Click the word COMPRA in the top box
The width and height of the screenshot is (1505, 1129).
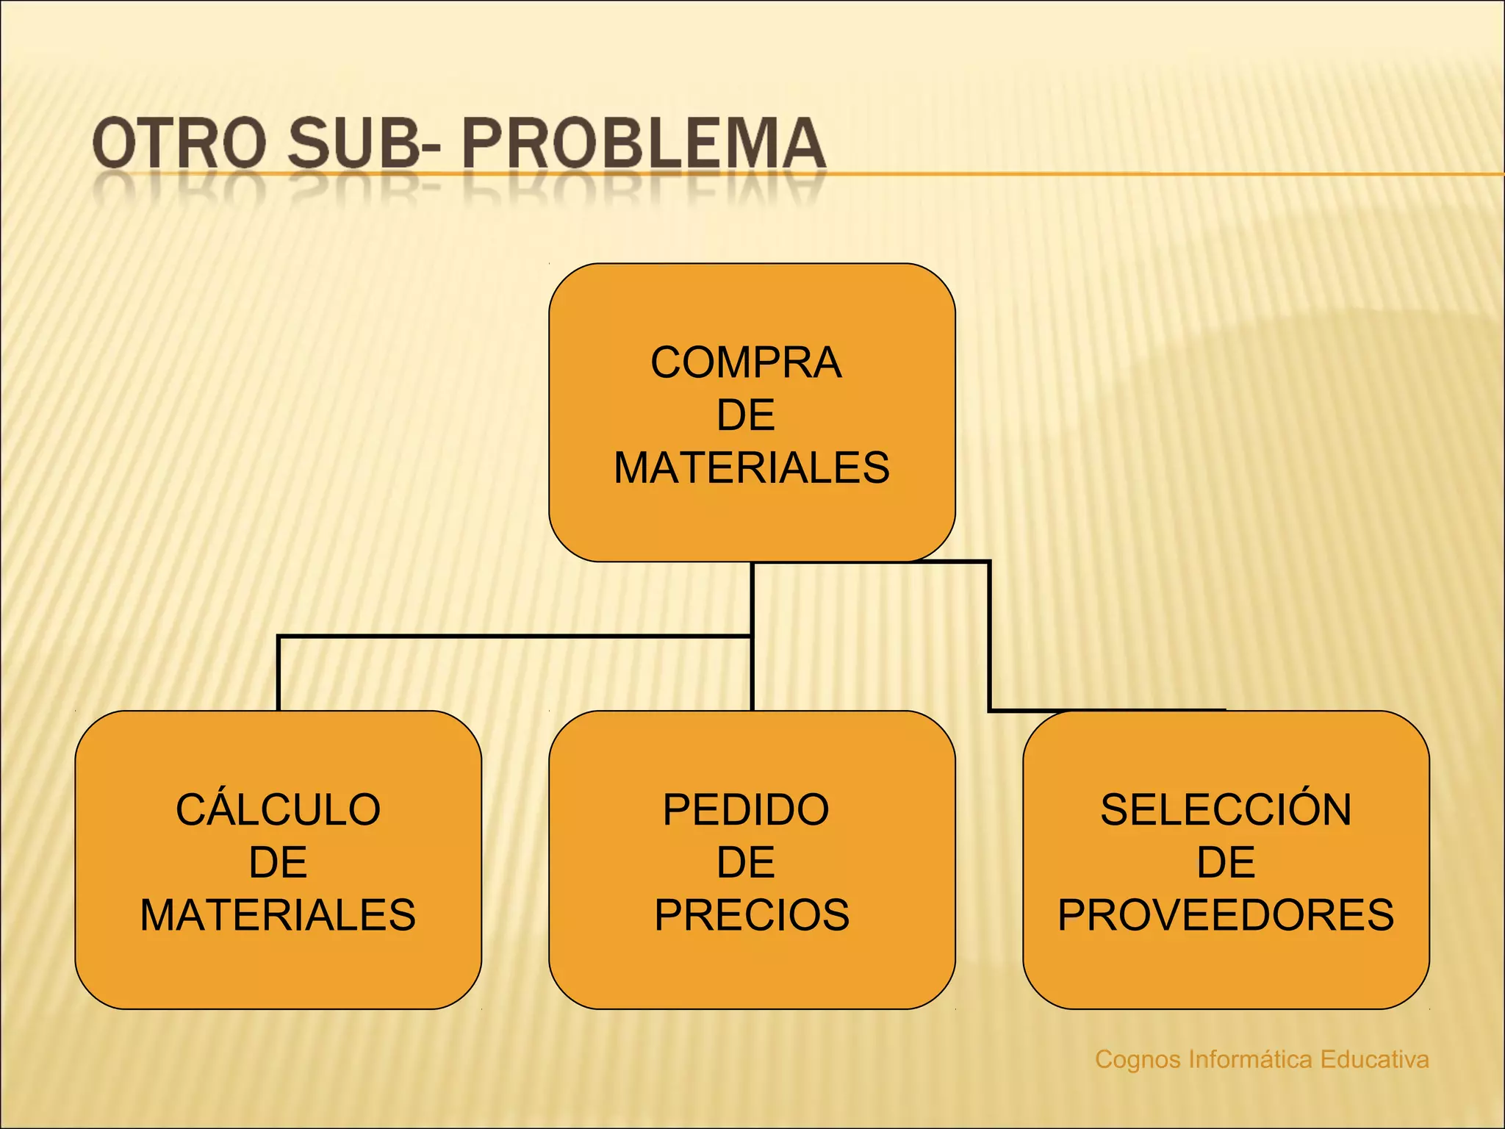click(x=746, y=362)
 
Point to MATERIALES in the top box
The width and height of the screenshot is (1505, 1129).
click(x=752, y=467)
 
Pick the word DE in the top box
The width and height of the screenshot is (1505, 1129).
click(x=746, y=415)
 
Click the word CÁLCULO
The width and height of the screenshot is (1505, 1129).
click(x=278, y=809)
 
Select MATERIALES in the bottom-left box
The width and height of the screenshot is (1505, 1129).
click(x=278, y=915)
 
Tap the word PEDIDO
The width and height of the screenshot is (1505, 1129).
click(x=746, y=809)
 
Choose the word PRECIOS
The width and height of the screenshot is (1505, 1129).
click(x=752, y=915)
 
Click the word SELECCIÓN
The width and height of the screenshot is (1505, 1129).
click(x=1226, y=809)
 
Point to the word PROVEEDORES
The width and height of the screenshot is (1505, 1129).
click(x=1226, y=915)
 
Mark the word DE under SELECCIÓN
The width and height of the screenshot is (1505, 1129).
click(x=1226, y=862)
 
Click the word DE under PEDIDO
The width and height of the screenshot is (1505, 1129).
click(x=746, y=862)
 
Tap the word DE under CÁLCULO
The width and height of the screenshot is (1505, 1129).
click(x=278, y=862)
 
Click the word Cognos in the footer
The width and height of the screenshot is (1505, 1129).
click(x=1138, y=1060)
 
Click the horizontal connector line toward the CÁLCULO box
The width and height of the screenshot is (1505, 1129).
click(x=514, y=636)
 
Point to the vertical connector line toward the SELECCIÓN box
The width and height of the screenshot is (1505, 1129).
click(x=989, y=636)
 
